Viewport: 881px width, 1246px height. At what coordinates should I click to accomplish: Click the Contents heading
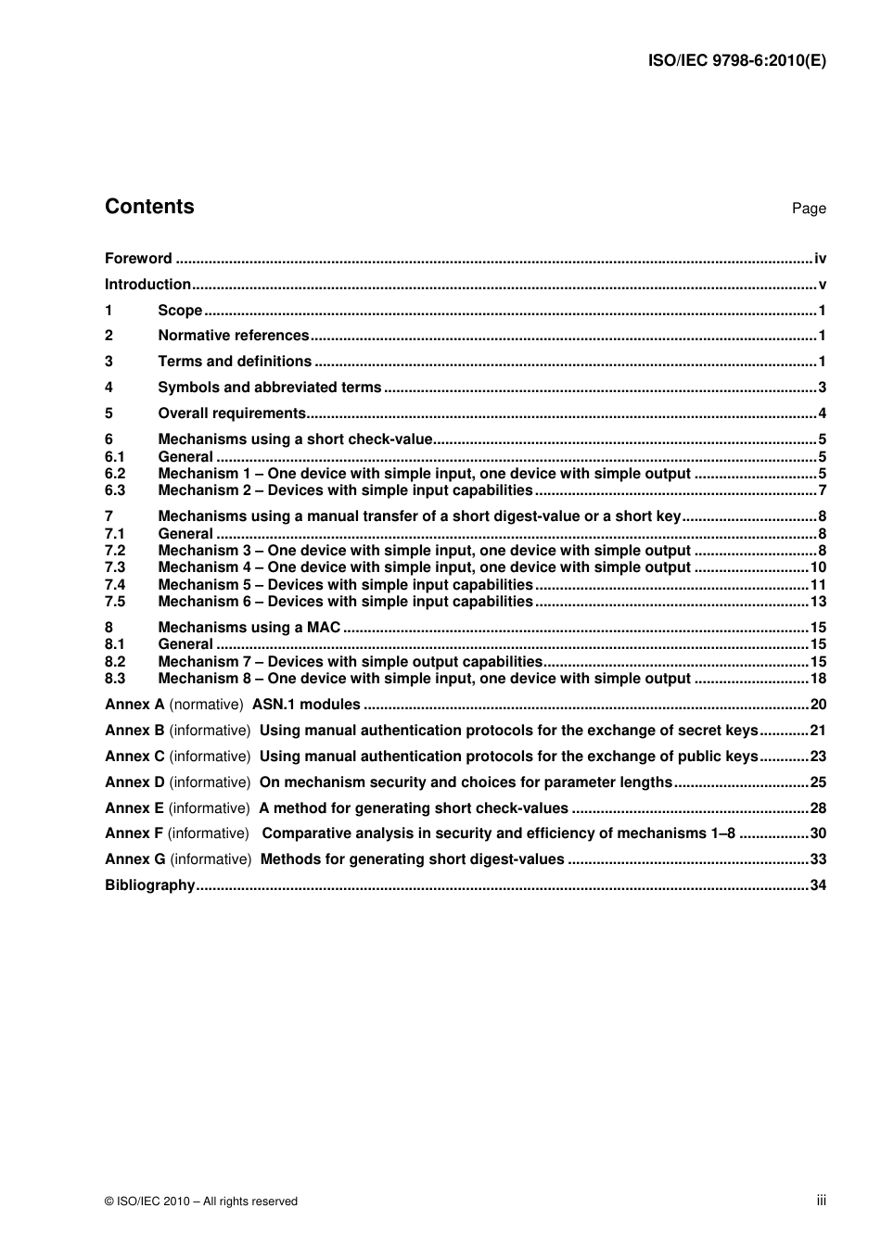tap(149, 207)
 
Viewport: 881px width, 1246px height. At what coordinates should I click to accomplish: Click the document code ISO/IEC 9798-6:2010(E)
tap(736, 61)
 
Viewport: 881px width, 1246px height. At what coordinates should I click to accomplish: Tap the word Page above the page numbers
tap(808, 209)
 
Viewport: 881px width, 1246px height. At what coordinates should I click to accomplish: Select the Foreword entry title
tap(138, 259)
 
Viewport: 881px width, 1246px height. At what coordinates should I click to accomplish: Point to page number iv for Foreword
tap(820, 259)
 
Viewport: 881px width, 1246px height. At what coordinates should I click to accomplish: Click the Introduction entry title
tap(147, 285)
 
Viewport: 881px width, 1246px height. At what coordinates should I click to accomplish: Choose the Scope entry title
tap(180, 311)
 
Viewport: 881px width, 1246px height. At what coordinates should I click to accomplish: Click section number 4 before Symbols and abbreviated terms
tap(109, 388)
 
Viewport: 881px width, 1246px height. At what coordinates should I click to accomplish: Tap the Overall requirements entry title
tap(232, 413)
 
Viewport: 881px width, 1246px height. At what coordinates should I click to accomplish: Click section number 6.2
tap(115, 474)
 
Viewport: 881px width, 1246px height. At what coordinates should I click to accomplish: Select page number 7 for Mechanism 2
tap(822, 490)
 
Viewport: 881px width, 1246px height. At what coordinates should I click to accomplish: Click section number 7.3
tap(115, 567)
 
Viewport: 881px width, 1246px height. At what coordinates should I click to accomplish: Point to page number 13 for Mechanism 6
tap(818, 602)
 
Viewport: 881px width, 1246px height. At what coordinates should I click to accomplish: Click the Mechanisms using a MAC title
tap(249, 628)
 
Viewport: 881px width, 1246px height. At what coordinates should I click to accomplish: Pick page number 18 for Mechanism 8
tap(818, 679)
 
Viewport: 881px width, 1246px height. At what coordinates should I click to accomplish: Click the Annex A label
tap(134, 705)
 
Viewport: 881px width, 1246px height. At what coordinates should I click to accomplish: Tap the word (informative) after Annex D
tap(210, 782)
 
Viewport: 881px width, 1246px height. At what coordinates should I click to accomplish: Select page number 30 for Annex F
tap(818, 833)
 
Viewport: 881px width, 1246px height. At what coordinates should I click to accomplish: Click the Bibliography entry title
tap(150, 885)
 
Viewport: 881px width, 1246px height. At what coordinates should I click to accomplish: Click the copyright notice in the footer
tap(201, 1201)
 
